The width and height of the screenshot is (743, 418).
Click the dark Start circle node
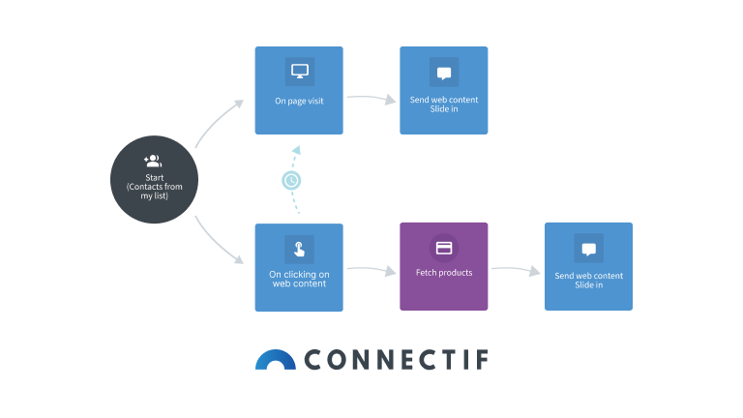(x=154, y=180)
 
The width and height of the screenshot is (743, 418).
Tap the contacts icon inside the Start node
(x=153, y=161)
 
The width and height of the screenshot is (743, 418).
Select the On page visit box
(x=299, y=90)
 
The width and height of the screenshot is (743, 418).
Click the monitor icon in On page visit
(x=299, y=72)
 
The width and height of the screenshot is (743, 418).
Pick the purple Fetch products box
(x=444, y=266)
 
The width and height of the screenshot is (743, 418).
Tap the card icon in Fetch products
(x=444, y=248)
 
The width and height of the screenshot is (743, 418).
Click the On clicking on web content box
(x=299, y=267)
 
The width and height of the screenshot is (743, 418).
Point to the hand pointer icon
(x=299, y=249)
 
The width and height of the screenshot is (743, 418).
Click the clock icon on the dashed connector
(x=291, y=180)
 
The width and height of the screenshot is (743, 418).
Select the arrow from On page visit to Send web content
(x=371, y=98)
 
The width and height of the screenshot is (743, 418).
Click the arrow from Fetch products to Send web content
(x=515, y=271)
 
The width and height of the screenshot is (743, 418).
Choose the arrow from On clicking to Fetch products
(x=371, y=270)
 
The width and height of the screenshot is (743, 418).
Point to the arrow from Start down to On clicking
(x=218, y=243)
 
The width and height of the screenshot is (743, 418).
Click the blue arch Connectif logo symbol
(x=276, y=359)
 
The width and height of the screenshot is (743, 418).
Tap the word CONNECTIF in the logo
(x=397, y=360)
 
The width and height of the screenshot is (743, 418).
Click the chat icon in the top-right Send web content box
(x=444, y=72)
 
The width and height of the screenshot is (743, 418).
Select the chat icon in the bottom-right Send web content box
(x=588, y=249)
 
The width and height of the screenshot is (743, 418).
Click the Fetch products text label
(x=444, y=273)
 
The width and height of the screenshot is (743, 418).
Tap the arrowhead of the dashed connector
(x=297, y=150)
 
